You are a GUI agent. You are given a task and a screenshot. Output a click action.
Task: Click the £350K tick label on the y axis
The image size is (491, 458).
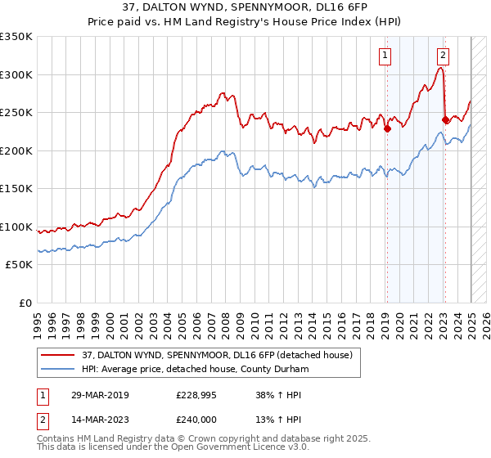[16, 37]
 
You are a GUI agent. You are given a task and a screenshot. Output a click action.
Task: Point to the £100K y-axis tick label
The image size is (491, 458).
[16, 227]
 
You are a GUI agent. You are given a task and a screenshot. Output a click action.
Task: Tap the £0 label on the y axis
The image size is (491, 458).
[25, 303]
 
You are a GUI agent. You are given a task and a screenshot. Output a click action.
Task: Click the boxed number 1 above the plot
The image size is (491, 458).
[385, 56]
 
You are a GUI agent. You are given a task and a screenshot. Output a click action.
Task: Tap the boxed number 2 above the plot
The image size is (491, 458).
[443, 56]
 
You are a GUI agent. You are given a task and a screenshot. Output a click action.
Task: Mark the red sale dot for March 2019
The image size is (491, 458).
[387, 128]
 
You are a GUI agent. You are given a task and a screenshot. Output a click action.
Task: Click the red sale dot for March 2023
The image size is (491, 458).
[444, 119]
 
